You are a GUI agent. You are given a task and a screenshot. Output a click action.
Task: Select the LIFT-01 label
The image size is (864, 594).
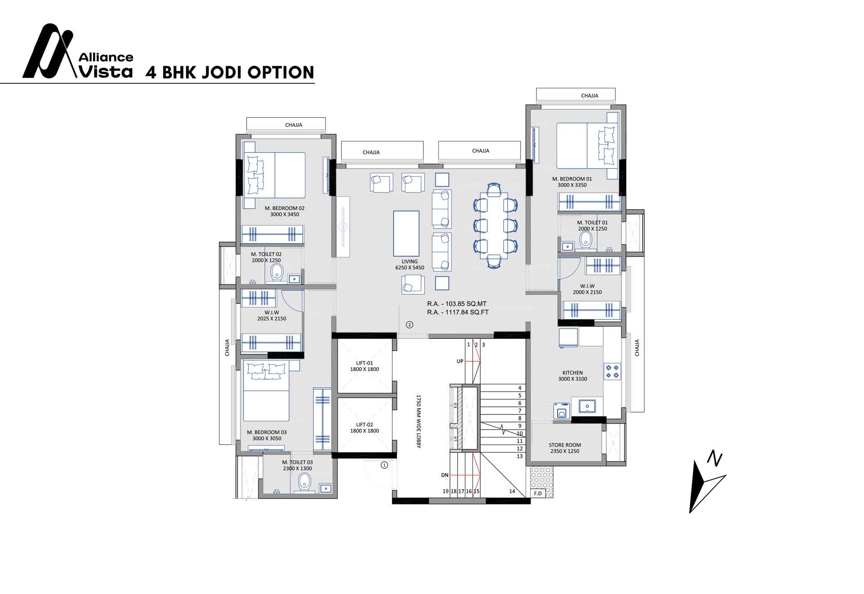tap(364, 366)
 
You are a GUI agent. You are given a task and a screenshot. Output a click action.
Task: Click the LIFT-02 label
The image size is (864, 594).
tap(364, 427)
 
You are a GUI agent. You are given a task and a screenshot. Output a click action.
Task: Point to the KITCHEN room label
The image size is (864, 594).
tap(572, 376)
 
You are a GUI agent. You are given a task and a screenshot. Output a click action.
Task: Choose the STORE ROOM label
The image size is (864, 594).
tap(565, 448)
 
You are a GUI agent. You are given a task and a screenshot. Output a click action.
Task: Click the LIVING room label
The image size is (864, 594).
tap(409, 264)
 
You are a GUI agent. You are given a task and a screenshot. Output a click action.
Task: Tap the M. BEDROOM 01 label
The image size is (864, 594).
tap(572, 182)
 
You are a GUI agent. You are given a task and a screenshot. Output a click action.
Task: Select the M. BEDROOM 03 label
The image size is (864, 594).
tap(267, 435)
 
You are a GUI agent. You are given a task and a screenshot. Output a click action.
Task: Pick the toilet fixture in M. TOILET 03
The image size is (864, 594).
tap(305, 482)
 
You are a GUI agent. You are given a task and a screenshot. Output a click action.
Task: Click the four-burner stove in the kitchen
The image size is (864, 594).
tap(612, 371)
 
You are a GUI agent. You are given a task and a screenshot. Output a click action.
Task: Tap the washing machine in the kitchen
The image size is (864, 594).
tap(561, 411)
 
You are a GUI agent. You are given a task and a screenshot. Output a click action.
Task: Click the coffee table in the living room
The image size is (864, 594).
tap(406, 233)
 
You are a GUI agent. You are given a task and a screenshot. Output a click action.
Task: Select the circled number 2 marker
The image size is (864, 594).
tap(409, 324)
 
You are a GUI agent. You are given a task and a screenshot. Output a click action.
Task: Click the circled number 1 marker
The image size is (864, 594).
tap(384, 465)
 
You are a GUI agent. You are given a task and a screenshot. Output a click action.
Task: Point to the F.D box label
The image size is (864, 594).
tap(538, 493)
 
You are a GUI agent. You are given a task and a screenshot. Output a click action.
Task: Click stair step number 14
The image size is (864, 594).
tap(512, 491)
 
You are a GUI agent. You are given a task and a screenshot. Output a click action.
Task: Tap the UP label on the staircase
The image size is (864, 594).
tap(460, 361)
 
